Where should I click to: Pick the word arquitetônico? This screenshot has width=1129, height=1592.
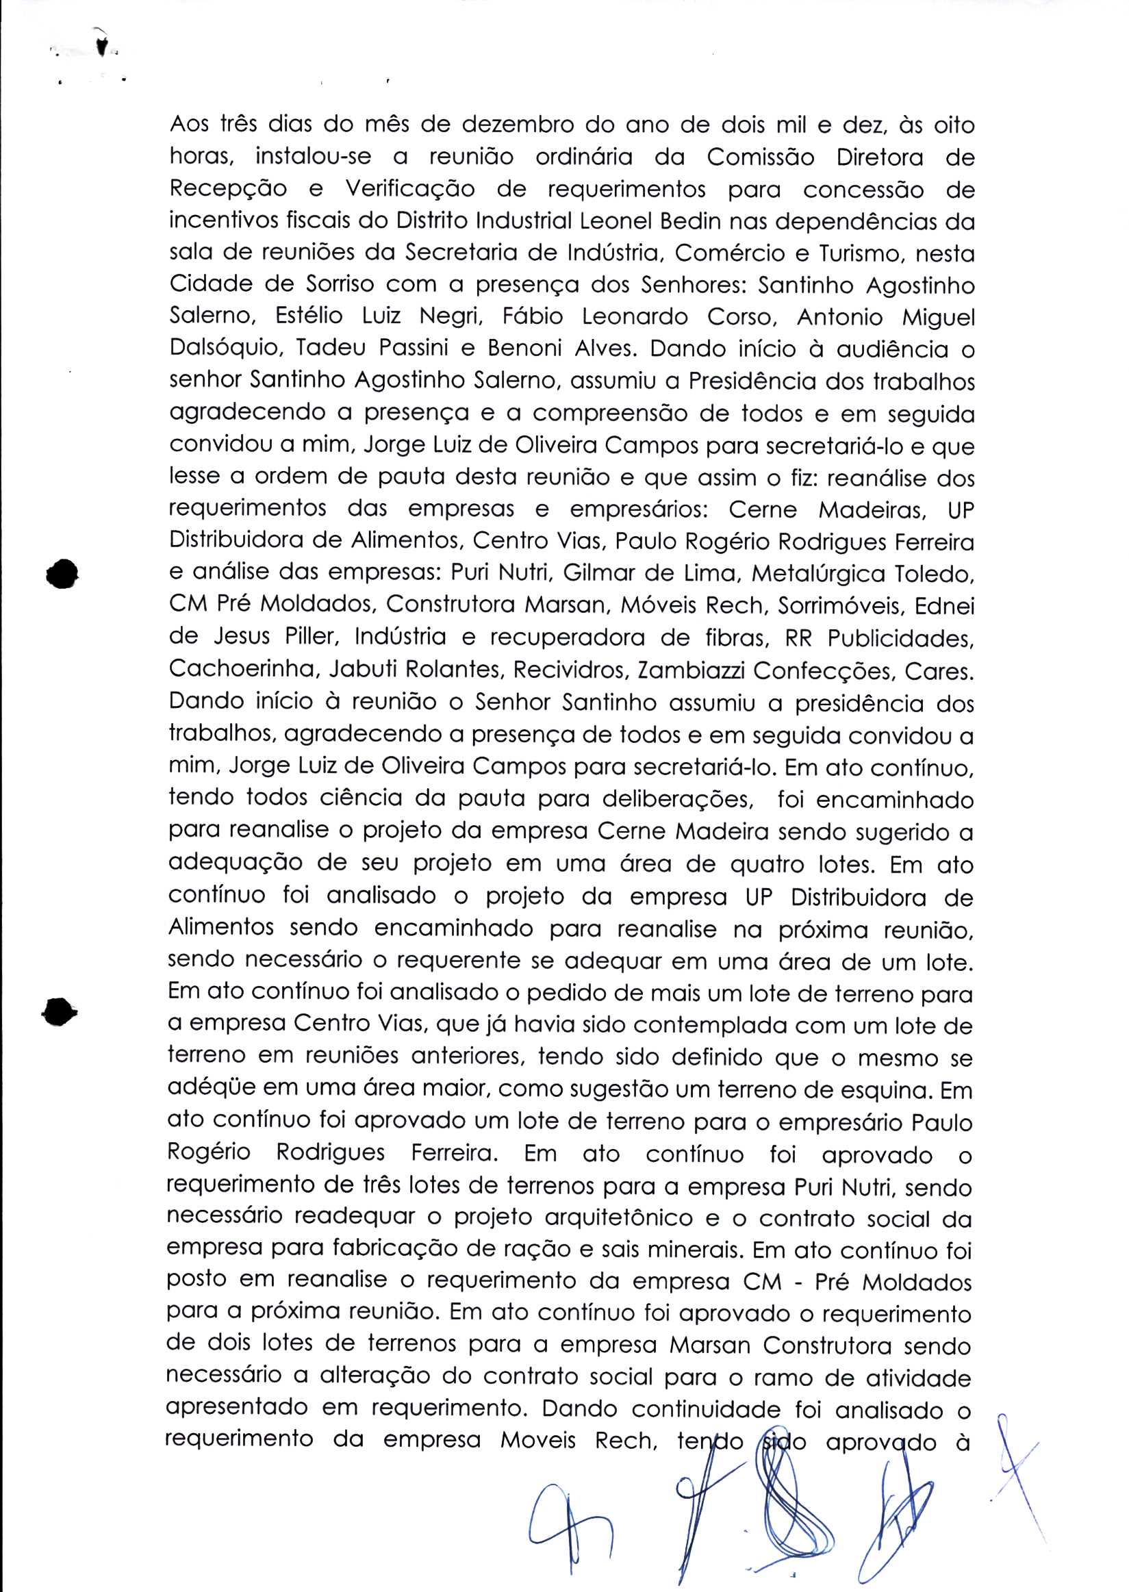click(618, 1219)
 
